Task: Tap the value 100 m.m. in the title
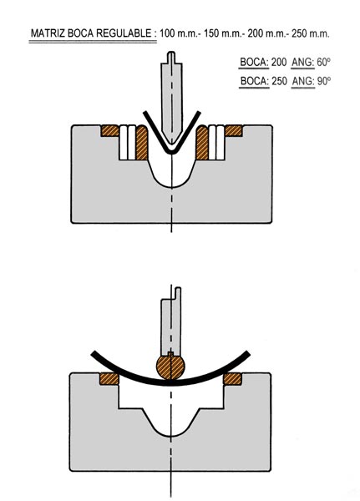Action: point(179,33)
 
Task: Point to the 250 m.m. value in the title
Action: point(311,33)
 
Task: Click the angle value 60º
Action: point(323,62)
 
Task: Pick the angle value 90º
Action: point(323,81)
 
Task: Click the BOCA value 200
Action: point(279,62)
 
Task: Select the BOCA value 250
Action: point(279,81)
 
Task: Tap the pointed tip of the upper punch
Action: point(172,144)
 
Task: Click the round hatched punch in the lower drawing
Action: point(170,367)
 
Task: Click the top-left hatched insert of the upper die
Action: point(110,131)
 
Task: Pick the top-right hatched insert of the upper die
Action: point(233,131)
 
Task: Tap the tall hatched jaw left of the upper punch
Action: point(142,143)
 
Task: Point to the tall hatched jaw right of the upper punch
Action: point(202,143)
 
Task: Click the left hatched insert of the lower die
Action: point(109,379)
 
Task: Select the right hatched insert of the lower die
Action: point(232,379)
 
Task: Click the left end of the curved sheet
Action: point(94,354)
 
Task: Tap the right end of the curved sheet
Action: point(247,353)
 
